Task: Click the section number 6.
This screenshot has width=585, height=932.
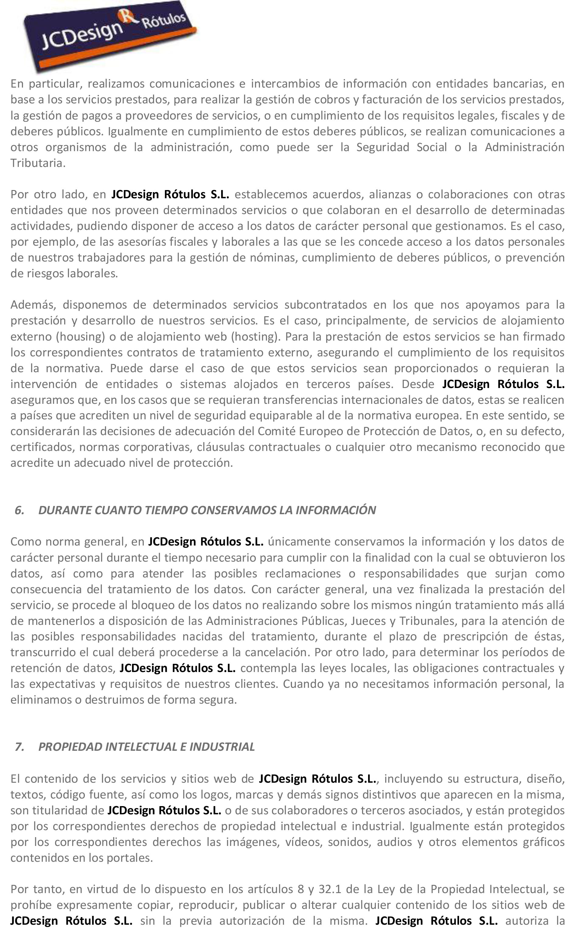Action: (x=19, y=511)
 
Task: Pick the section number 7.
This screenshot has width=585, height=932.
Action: (x=19, y=747)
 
